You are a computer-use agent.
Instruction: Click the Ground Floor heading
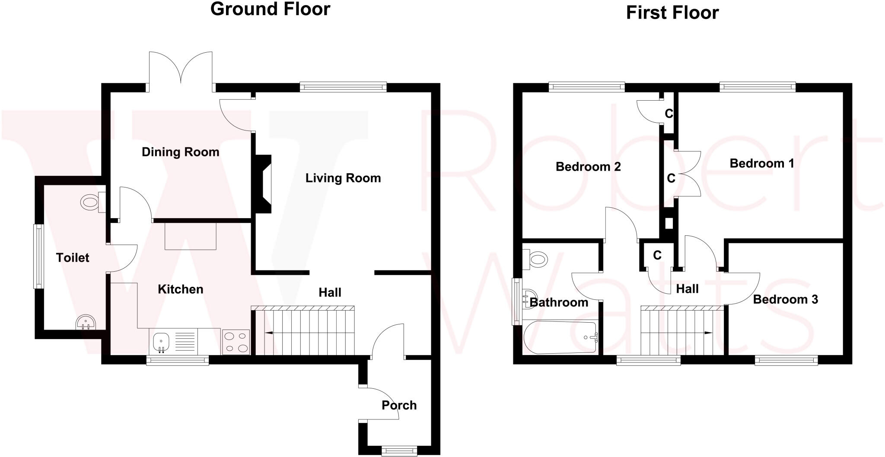pyautogui.click(x=270, y=9)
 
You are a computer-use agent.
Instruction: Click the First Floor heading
pyautogui.click(x=672, y=13)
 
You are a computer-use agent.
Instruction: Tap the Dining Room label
pyautogui.click(x=180, y=152)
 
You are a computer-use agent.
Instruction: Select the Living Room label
pyautogui.click(x=343, y=178)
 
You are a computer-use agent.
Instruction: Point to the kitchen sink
pyautogui.click(x=161, y=342)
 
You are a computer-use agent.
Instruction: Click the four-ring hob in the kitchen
pyautogui.click(x=236, y=342)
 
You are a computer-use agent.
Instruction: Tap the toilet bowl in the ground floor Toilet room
pyautogui.click(x=90, y=202)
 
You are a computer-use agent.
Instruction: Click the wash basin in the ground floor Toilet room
pyautogui.click(x=86, y=322)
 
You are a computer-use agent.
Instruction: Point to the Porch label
pyautogui.click(x=399, y=405)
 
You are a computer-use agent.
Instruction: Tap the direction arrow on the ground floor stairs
pyautogui.click(x=268, y=333)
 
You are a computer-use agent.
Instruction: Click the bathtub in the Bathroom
pyautogui.click(x=560, y=338)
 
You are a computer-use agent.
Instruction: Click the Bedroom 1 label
pyautogui.click(x=761, y=163)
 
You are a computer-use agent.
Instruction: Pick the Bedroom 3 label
pyautogui.click(x=785, y=299)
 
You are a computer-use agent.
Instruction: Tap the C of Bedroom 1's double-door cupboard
pyautogui.click(x=671, y=178)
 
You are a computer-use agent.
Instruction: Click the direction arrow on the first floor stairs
pyautogui.click(x=707, y=333)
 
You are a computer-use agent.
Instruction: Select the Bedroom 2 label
pyautogui.click(x=588, y=167)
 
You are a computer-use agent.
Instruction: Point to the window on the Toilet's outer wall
pyautogui.click(x=39, y=256)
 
